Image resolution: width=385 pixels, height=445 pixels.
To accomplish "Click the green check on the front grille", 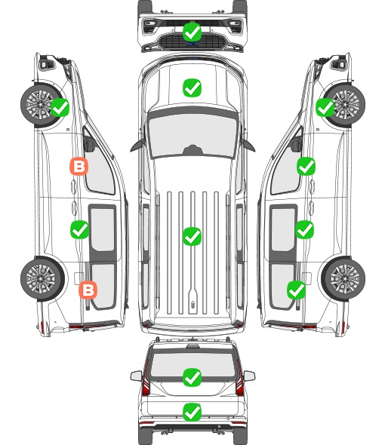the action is click(192, 32).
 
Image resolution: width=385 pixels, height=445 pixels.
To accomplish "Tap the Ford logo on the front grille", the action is click(192, 44).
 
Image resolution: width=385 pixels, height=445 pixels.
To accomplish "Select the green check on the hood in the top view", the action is click(192, 87).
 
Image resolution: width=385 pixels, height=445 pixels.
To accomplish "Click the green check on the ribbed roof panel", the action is click(192, 236).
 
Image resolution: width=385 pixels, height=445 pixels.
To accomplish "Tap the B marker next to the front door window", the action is click(79, 166).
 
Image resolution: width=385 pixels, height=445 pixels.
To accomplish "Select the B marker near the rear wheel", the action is click(88, 290).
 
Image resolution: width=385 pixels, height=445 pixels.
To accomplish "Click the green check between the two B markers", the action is click(79, 229).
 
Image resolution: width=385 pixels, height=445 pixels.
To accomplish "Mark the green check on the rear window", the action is click(192, 377).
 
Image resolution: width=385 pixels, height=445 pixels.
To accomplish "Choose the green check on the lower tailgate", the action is click(192, 412).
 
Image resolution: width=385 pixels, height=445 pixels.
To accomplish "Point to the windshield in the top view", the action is click(192, 134).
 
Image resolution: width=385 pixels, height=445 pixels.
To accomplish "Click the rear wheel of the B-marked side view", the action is click(42, 278).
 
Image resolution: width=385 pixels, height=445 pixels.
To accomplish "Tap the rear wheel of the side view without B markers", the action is click(343, 278).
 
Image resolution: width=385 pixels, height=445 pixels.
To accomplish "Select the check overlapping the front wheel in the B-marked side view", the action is click(60, 107).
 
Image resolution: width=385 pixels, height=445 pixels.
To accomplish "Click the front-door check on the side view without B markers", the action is click(306, 166).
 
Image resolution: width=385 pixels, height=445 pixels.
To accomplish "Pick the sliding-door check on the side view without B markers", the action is click(304, 229).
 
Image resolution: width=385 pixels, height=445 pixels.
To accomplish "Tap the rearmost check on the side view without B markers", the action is click(297, 290).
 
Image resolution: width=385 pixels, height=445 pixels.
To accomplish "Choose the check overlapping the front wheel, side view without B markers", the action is click(325, 107).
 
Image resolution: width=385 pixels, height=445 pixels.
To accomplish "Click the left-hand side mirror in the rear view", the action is click(136, 376).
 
